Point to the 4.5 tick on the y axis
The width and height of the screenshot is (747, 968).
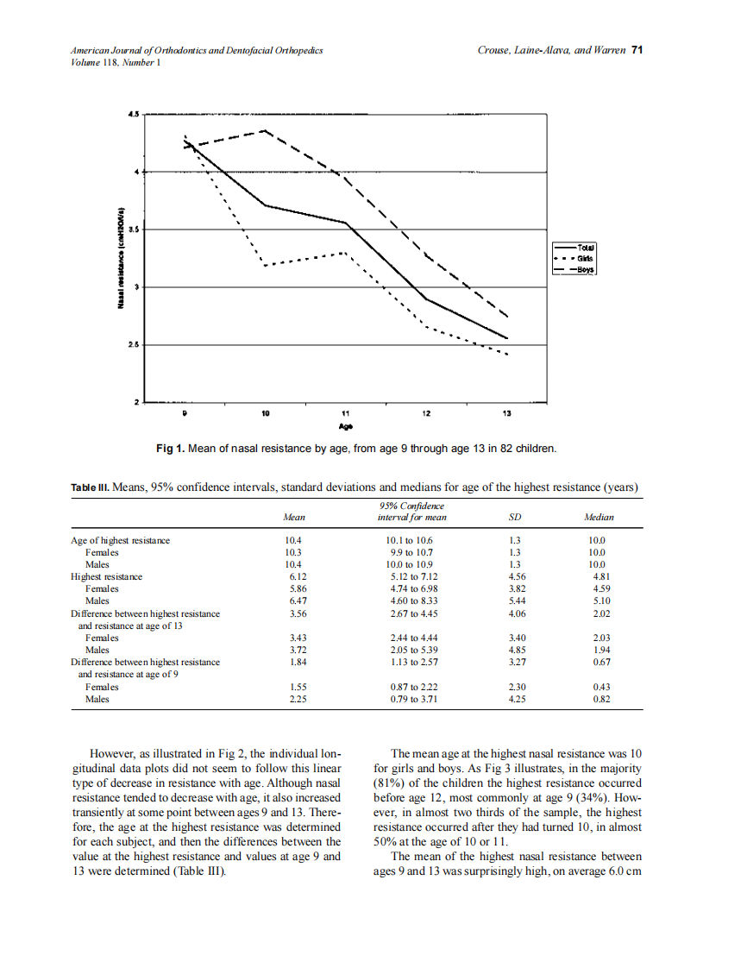pyautogui.click(x=134, y=113)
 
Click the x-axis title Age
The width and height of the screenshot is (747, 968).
pyautogui.click(x=345, y=426)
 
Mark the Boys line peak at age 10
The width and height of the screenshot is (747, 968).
pyautogui.click(x=265, y=130)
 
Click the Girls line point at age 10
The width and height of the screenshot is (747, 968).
pyautogui.click(x=265, y=265)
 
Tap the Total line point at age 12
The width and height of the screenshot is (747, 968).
pyautogui.click(x=426, y=299)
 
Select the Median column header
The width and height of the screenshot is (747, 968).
pyautogui.click(x=599, y=518)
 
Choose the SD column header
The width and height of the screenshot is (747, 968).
pyautogui.click(x=515, y=518)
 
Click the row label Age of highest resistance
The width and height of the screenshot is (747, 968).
pyautogui.click(x=120, y=540)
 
